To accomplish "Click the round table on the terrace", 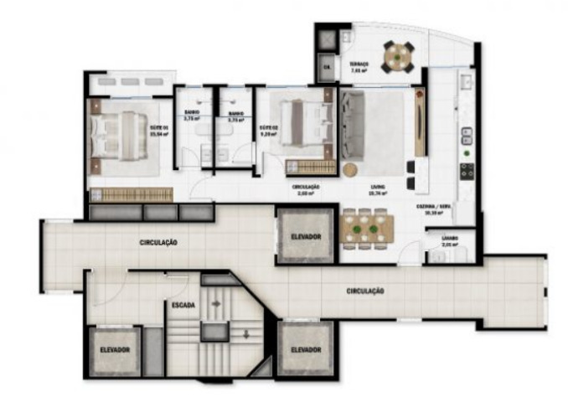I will pyautogui.click(x=398, y=58).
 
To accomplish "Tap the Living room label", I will pyautogui.click(x=377, y=189).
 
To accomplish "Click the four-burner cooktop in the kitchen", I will pyautogui.click(x=465, y=171).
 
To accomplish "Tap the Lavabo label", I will pyautogui.click(x=450, y=240).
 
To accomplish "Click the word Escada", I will pyautogui.click(x=183, y=305).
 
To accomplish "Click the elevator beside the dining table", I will pyautogui.click(x=306, y=237).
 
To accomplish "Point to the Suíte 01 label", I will pyautogui.click(x=159, y=128).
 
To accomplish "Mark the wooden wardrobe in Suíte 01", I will pyautogui.click(x=132, y=194).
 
